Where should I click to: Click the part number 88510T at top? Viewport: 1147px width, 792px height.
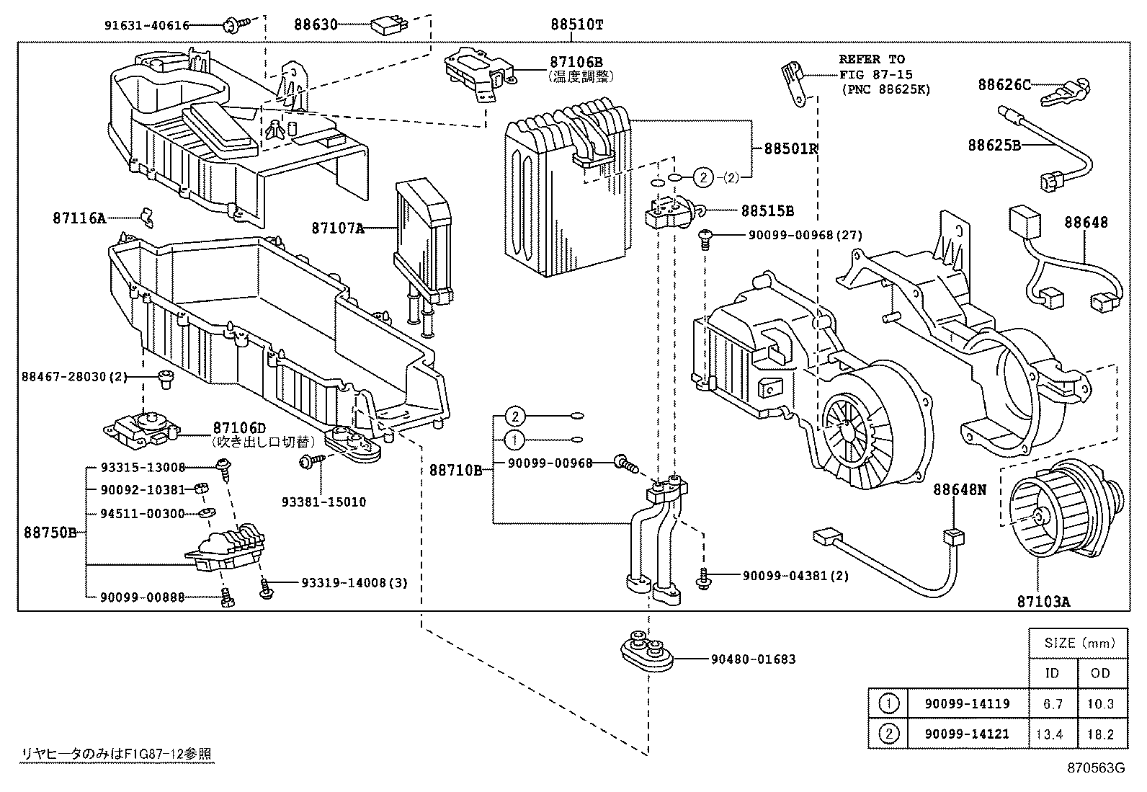click(x=576, y=25)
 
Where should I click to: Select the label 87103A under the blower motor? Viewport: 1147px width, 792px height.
click(x=1043, y=600)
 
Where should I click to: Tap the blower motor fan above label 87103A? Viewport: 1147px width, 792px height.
click(x=1059, y=515)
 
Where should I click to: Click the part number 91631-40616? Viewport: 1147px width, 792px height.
click(x=146, y=25)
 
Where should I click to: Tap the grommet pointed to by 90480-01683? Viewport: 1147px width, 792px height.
click(x=647, y=650)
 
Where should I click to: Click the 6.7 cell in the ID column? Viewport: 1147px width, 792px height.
click(x=1053, y=704)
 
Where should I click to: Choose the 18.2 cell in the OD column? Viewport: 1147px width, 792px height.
click(x=1102, y=734)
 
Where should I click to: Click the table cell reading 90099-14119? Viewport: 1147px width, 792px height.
click(x=968, y=704)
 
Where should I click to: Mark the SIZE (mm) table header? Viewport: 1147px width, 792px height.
click(x=1079, y=643)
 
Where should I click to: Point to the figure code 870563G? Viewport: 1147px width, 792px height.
click(x=1095, y=767)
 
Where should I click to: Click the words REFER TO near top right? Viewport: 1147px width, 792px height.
click(x=871, y=59)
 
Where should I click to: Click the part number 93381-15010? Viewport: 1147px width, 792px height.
click(x=323, y=502)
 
